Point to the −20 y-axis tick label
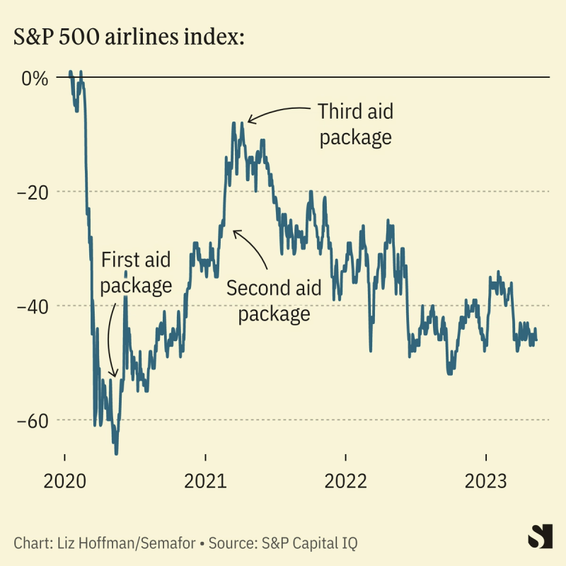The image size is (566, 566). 31,192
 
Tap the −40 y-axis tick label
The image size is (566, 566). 31,306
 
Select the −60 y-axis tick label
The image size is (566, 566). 31,420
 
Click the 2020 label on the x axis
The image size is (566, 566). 64,482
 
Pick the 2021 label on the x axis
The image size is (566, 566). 205,482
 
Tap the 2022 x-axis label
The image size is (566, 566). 345,482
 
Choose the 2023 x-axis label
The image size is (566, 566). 486,482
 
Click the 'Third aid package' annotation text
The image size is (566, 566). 355,124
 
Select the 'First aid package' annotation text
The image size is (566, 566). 136,272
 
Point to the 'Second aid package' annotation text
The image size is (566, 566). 274,300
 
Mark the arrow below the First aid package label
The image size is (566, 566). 110,340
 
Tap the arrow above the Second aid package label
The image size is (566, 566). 251,248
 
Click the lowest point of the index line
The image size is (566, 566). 116,454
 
